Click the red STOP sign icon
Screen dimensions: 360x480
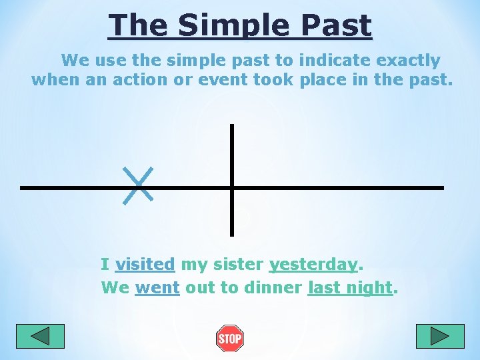pos(230,339)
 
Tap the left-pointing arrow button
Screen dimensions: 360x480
pos(40,336)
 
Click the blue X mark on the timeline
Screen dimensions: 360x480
pos(139,185)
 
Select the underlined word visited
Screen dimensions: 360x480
pos(145,265)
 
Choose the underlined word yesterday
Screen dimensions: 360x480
pos(313,265)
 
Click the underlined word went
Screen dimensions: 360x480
pos(157,287)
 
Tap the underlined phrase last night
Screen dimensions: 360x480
pos(349,287)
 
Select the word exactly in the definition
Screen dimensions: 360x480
pos(408,61)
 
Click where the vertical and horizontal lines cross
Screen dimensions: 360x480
pos(232,187)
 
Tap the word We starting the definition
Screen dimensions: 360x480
pos(75,61)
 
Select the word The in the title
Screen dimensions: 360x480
pos(138,25)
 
